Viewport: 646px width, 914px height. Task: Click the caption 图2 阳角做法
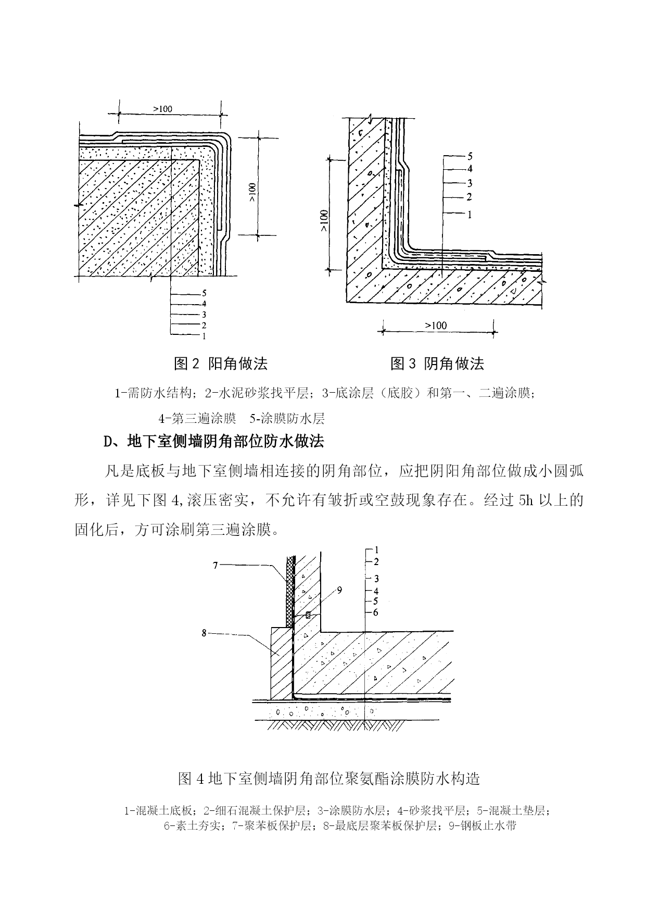pyautogui.click(x=220, y=364)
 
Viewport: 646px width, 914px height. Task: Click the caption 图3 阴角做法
pyautogui.click(x=437, y=364)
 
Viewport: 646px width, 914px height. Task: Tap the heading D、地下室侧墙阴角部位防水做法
pyautogui.click(x=213, y=442)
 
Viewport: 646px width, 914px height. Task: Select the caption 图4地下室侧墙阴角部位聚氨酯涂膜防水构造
pyautogui.click(x=329, y=779)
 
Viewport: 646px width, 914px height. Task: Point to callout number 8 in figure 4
pyautogui.click(x=204, y=633)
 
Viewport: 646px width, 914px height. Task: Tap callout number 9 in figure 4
pyautogui.click(x=339, y=591)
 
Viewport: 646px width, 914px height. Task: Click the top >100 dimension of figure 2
pyautogui.click(x=163, y=109)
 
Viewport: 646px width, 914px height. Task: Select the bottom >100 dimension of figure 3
pyautogui.click(x=436, y=325)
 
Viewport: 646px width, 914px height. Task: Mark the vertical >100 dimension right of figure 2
pyautogui.click(x=252, y=192)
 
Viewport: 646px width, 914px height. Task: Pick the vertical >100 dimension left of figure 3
pyautogui.click(x=324, y=220)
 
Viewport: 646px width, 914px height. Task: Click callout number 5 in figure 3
pyautogui.click(x=470, y=156)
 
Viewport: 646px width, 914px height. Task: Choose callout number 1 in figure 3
pyautogui.click(x=470, y=214)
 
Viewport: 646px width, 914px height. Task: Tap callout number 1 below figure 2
pyautogui.click(x=204, y=336)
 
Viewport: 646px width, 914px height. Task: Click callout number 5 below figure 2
pyautogui.click(x=204, y=293)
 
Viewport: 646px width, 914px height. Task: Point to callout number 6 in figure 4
pyautogui.click(x=376, y=612)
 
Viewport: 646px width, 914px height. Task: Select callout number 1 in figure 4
pyautogui.click(x=376, y=550)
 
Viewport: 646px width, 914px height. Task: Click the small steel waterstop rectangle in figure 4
pyautogui.click(x=308, y=615)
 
